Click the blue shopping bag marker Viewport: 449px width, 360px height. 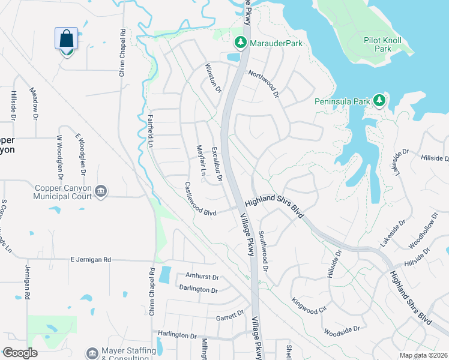point(67,40)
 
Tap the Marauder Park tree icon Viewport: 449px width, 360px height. point(240,43)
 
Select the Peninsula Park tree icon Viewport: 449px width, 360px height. point(379,100)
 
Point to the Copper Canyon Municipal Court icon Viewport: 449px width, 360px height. point(101,192)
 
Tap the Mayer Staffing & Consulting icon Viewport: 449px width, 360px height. point(92,353)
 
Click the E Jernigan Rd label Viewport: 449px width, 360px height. point(91,260)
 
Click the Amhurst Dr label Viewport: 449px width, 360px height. point(202,278)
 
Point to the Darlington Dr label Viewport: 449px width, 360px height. point(198,289)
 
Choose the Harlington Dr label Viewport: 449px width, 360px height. point(177,336)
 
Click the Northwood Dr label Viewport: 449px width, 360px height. point(264,83)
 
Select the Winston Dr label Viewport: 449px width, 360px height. point(214,77)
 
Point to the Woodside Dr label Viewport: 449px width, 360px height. point(341,329)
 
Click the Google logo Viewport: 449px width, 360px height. point(20,353)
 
